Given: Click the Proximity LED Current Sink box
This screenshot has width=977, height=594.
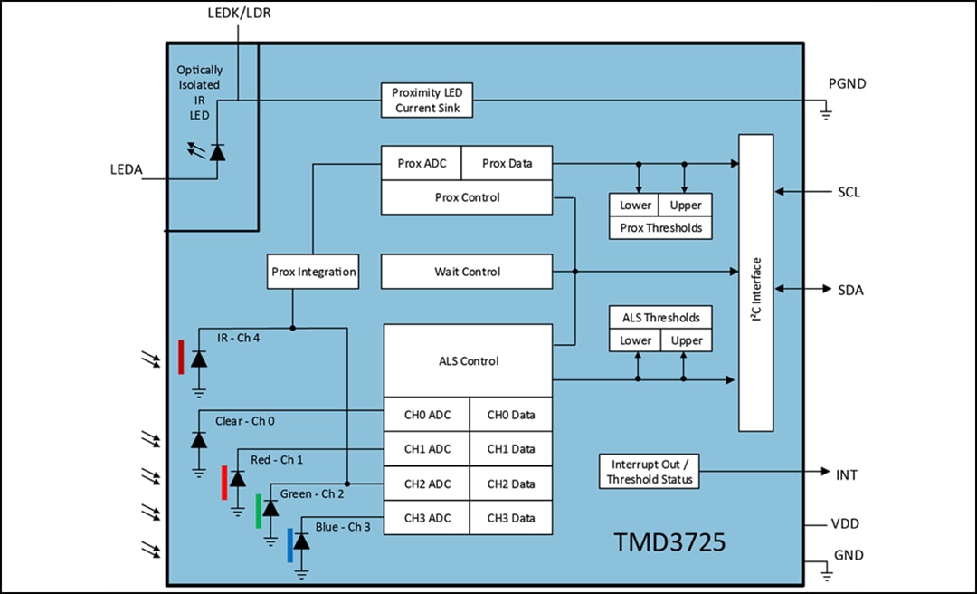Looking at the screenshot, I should tap(427, 101).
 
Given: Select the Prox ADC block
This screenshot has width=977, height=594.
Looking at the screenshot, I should tap(421, 164).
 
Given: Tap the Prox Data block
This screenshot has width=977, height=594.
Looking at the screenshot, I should tap(507, 164).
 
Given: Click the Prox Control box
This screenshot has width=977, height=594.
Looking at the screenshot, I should tap(467, 197).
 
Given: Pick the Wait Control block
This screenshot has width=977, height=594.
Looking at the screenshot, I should tap(467, 272).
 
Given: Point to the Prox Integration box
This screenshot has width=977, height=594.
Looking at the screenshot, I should tap(313, 272).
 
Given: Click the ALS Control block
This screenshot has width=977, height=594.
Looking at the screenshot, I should tap(468, 361).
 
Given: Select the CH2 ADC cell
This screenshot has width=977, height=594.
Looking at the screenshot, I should tap(427, 484).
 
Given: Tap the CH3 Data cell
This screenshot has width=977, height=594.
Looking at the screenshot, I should tap(511, 518).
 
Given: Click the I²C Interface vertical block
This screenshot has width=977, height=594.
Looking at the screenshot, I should tap(756, 283).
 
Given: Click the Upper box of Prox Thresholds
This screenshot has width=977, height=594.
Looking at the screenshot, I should tap(685, 205).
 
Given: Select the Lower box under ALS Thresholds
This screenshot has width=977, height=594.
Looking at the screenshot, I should tap(635, 340).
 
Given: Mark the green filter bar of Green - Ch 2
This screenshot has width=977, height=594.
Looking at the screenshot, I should tap(258, 512).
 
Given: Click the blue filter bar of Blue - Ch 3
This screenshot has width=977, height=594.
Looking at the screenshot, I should tap(289, 546).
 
